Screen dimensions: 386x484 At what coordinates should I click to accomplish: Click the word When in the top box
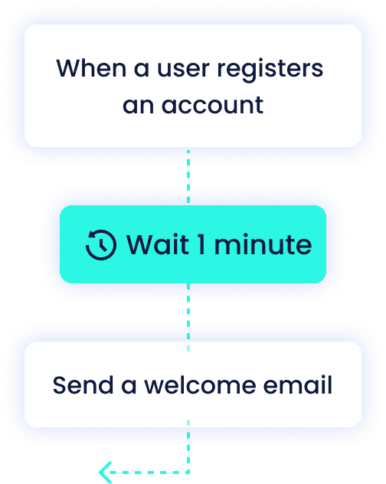[91, 68]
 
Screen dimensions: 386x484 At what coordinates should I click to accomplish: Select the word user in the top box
[184, 68]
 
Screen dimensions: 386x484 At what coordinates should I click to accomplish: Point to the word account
[212, 105]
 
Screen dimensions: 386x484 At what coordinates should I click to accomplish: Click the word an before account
[138, 106]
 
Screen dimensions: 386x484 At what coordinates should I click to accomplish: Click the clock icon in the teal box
[101, 245]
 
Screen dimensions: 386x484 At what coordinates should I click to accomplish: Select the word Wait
[158, 244]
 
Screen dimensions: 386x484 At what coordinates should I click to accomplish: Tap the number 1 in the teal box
[201, 244]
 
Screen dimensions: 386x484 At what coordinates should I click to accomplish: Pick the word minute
[263, 244]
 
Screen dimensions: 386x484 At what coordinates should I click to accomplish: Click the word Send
[83, 385]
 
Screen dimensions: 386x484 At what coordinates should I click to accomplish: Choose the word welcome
[200, 385]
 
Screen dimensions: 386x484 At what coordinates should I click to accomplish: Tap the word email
[298, 385]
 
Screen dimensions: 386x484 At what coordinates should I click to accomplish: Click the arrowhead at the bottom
[105, 473]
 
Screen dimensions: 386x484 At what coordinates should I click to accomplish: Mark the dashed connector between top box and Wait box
[188, 176]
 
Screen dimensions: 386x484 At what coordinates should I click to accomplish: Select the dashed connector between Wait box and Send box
[188, 317]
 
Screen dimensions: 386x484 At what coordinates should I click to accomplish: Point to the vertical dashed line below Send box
[188, 446]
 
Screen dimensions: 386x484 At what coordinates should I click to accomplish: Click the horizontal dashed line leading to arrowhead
[149, 473]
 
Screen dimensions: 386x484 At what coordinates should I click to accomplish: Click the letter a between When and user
[142, 69]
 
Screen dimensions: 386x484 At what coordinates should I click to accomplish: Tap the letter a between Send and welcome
[129, 386]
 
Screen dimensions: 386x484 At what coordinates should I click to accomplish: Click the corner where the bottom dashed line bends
[188, 473]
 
